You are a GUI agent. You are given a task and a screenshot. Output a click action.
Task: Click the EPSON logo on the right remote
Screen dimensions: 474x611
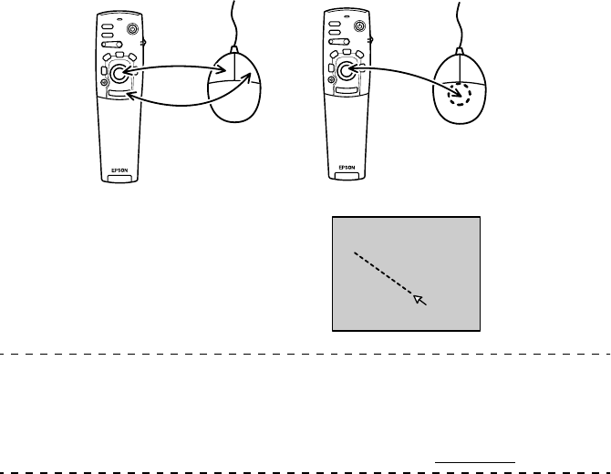click(x=347, y=170)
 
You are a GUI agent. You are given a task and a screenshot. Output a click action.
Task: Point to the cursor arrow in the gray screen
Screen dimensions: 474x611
click(x=419, y=299)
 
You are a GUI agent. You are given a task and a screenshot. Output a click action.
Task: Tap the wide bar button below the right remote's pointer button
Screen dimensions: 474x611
click(x=346, y=92)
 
